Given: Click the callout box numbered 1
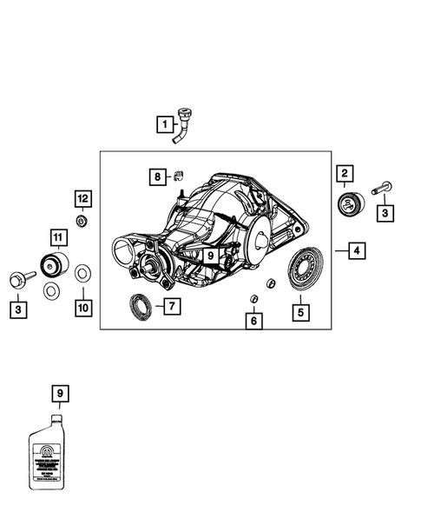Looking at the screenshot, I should (x=163, y=125).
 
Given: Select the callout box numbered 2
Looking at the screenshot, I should (x=344, y=174).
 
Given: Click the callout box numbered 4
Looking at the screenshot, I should (x=356, y=252).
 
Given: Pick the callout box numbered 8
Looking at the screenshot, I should (x=157, y=177).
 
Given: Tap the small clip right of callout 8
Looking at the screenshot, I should (x=178, y=176).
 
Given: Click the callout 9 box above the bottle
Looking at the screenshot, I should (x=59, y=395).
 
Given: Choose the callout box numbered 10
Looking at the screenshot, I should (x=82, y=308).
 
